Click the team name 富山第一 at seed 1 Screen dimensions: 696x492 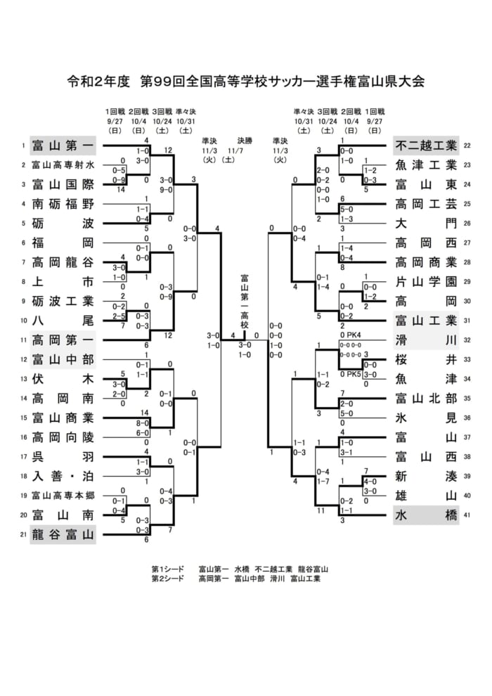[63, 146]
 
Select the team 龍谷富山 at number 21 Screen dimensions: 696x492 [63, 535]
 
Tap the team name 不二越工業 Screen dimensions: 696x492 [426, 146]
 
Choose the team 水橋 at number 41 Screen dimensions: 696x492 [426, 515]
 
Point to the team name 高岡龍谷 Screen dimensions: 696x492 [63, 263]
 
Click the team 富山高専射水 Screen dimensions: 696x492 [63, 166]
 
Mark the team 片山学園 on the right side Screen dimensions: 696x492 [426, 282]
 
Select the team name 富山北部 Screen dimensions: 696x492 [426, 399]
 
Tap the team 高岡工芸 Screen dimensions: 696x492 [426, 205]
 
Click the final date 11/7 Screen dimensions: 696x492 [235, 150]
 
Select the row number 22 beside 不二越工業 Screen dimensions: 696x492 [467, 146]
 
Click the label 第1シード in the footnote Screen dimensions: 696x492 [167, 569]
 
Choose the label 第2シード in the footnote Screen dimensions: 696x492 [167, 579]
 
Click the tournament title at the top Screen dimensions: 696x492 [245, 82]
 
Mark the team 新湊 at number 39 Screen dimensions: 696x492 [426, 477]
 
